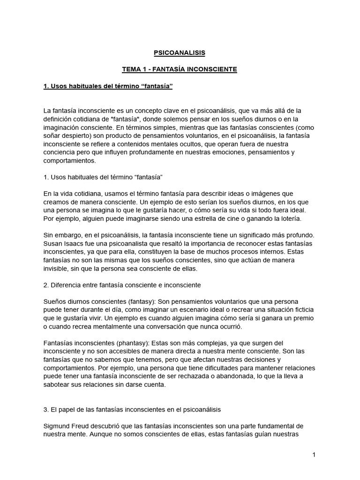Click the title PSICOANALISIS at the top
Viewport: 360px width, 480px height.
point(180,53)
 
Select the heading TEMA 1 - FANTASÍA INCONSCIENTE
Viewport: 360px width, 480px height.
point(180,69)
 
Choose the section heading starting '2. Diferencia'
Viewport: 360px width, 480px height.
point(122,285)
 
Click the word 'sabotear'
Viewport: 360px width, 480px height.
point(57,385)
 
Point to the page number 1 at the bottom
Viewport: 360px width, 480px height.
point(314,455)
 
